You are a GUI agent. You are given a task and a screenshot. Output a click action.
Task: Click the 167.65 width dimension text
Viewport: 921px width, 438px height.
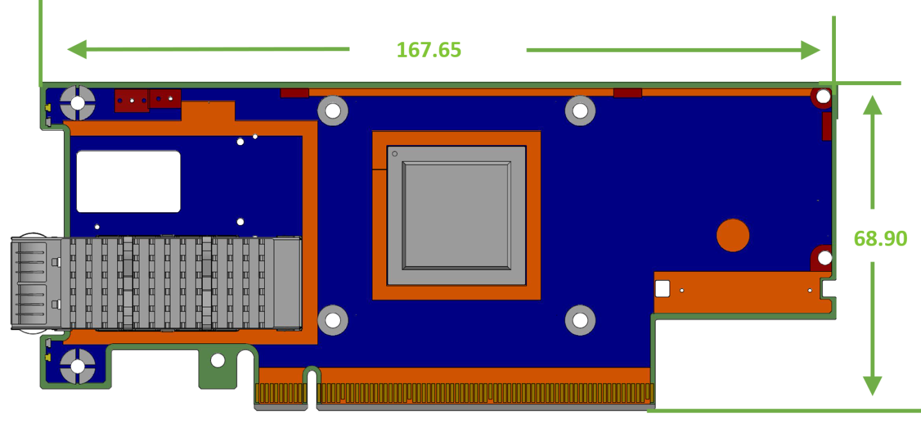[429, 50]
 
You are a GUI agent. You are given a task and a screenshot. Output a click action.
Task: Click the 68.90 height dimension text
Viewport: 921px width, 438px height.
[880, 239]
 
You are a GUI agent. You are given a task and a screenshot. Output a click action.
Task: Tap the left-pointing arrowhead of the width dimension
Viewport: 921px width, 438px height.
[77, 49]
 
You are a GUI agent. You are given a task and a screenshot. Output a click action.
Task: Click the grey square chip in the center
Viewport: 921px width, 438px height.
[456, 215]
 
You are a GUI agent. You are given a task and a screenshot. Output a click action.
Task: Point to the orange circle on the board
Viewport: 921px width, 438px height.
[732, 235]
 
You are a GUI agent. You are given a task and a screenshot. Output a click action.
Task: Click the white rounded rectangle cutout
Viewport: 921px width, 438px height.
[129, 182]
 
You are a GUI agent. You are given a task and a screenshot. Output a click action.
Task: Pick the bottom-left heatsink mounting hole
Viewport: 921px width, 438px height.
[333, 320]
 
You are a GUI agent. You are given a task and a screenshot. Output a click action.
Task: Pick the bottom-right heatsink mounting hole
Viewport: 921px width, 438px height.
[580, 320]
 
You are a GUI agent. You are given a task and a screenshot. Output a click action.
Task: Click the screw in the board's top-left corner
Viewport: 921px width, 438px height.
[77, 103]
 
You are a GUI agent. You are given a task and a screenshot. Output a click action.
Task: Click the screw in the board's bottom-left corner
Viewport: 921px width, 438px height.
[77, 366]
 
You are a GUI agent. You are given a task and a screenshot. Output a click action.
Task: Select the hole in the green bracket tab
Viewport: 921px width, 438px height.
[217, 361]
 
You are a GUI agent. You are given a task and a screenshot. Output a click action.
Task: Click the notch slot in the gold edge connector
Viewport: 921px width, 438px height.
[311, 388]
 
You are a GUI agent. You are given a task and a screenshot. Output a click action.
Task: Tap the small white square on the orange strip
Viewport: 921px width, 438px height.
[662, 288]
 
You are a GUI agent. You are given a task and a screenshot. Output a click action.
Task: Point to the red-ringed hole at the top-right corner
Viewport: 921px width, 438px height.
[823, 97]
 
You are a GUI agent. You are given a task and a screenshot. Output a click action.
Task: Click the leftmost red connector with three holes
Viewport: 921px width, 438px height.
[132, 100]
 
